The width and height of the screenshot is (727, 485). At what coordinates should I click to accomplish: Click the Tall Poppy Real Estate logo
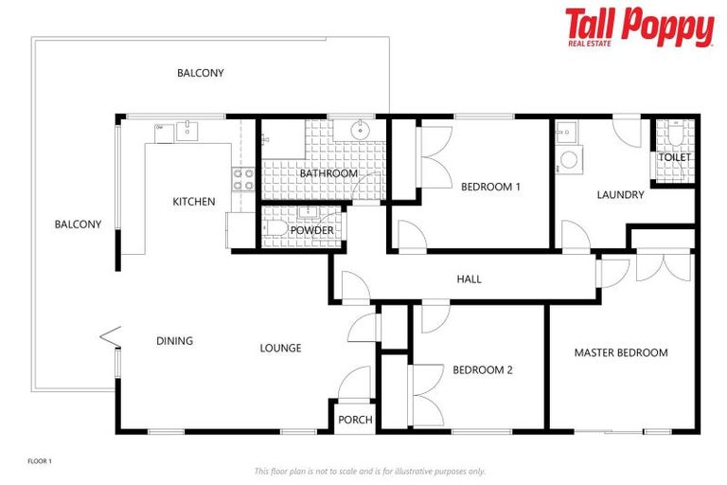(639, 27)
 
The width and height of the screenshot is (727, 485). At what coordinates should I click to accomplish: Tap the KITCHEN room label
(193, 202)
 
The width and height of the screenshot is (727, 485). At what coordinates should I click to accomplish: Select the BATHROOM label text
(328, 174)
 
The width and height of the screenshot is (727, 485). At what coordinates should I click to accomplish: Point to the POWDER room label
(311, 230)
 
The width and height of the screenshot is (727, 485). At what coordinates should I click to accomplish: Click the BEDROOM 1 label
(490, 188)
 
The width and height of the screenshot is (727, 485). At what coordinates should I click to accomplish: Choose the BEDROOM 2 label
(482, 370)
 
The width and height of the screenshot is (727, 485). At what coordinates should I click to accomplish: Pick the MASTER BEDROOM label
(621, 353)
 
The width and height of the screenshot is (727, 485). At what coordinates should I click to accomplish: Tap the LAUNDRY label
(620, 195)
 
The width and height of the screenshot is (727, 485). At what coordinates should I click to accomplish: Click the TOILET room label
(675, 157)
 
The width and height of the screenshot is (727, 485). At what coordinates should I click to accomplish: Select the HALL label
(469, 279)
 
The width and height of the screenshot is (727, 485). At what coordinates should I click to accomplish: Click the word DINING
(174, 341)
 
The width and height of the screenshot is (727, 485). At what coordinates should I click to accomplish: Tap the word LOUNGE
(280, 349)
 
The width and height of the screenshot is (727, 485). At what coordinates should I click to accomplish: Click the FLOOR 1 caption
(39, 461)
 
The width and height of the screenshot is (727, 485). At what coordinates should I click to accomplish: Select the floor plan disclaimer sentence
(369, 471)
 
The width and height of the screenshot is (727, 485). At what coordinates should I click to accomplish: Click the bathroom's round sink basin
(362, 130)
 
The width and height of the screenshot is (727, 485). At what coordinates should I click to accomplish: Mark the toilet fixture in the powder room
(275, 229)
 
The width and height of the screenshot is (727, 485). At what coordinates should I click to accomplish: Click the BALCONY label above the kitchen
(201, 73)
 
